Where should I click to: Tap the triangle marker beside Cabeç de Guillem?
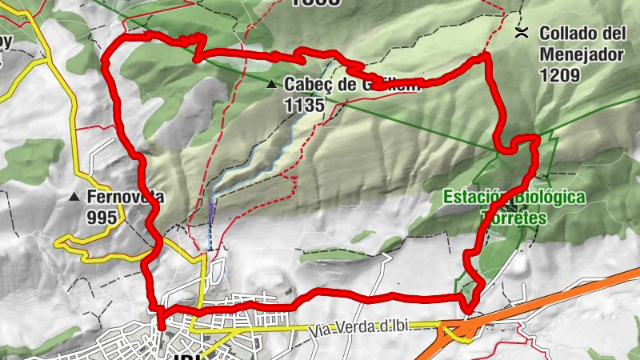272,83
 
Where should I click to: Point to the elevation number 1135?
303,104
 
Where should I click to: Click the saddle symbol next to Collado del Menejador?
522,33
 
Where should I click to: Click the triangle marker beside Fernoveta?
74,197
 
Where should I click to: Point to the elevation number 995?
102,218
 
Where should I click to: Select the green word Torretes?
514,218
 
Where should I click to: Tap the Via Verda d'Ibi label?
368,326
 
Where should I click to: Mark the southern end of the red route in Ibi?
161,326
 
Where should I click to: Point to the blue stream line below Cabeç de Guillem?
264,156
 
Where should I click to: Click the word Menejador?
581,55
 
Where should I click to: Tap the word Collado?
570,34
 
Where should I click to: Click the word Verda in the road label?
358,326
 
